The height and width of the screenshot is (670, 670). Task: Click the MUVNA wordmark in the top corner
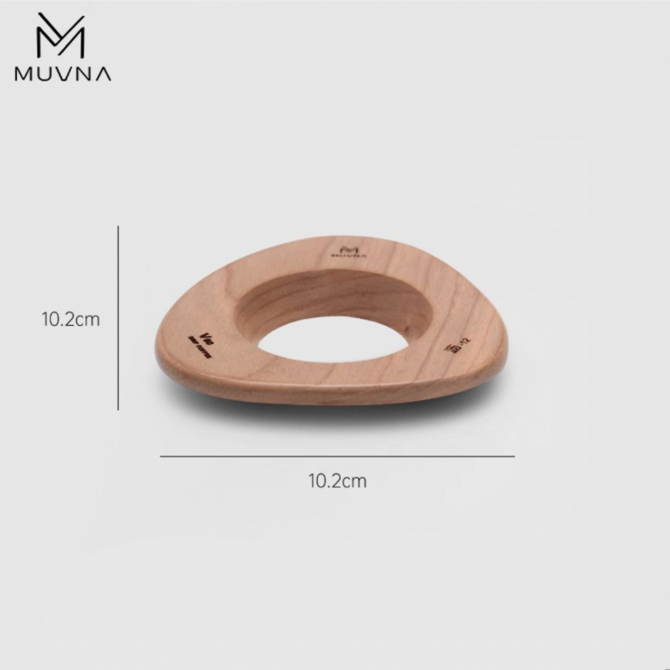[63, 74]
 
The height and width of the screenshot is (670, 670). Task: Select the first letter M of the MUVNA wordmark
[24, 74]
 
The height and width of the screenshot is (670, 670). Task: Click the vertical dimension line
[118, 318]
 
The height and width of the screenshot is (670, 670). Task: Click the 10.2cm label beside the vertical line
[71, 319]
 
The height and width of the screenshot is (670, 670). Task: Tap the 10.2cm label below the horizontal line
[338, 482]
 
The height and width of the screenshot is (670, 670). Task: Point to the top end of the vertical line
[118, 226]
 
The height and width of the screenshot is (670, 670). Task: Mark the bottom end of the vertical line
[118, 410]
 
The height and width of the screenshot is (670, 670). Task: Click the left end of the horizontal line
[161, 456]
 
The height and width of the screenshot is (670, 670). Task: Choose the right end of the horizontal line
[513, 456]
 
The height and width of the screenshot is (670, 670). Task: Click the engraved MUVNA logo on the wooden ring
[350, 251]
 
